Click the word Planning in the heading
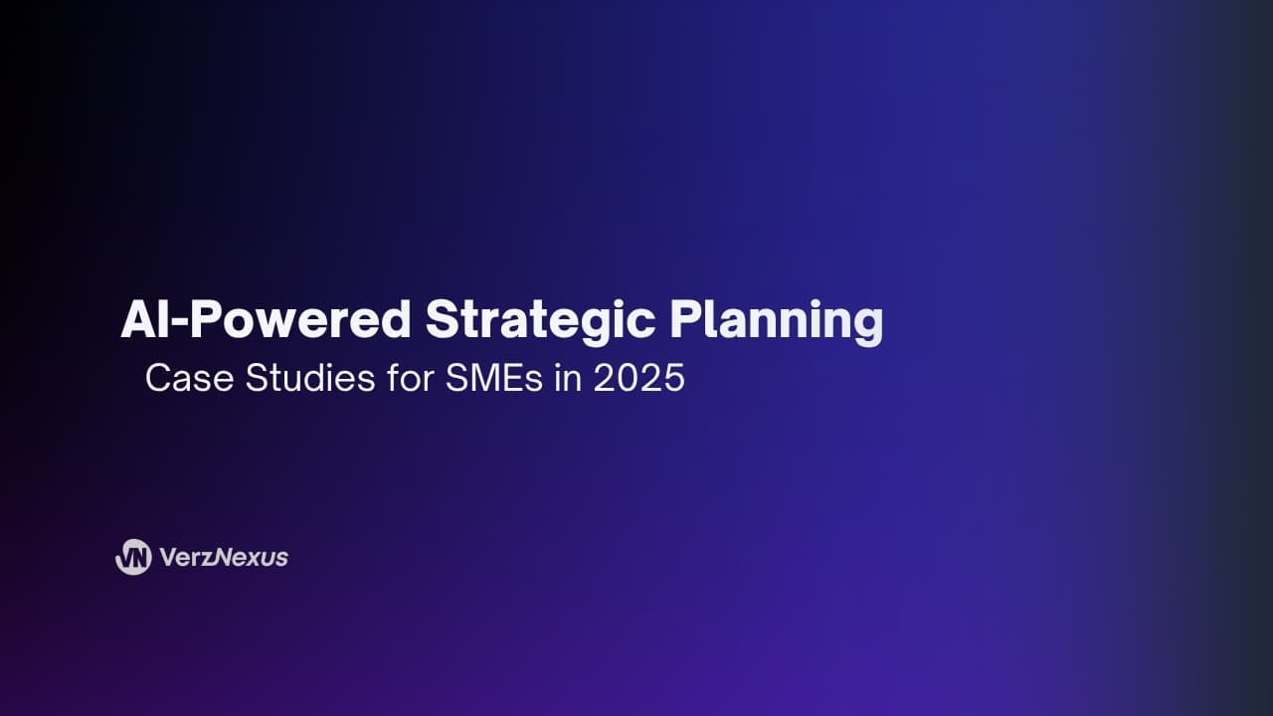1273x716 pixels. pos(776,320)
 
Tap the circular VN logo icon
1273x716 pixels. pos(133,557)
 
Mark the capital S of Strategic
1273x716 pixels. pos(441,320)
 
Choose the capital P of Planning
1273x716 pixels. pos(684,320)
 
